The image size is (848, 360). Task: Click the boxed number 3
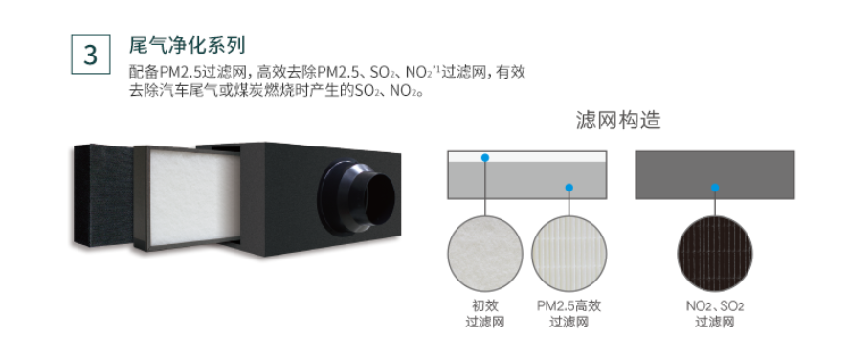click(90, 55)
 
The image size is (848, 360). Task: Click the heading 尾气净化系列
click(188, 45)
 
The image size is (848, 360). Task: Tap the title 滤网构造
click(618, 121)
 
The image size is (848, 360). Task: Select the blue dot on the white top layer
click(485, 158)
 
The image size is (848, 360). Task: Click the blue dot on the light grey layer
click(569, 188)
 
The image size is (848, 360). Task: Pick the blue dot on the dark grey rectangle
click(715, 188)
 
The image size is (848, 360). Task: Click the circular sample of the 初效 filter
click(485, 254)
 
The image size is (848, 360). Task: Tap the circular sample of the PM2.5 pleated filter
click(569, 254)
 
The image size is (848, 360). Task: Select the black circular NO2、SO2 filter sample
click(715, 254)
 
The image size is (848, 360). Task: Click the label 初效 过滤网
click(485, 314)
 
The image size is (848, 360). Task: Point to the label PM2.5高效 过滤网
click(569, 314)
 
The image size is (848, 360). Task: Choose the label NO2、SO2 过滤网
click(715, 314)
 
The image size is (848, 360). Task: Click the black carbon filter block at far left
click(102, 196)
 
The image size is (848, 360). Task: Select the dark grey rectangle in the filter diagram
click(714, 175)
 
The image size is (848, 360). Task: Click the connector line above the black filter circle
click(715, 204)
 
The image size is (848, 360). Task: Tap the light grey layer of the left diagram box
click(526, 180)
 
